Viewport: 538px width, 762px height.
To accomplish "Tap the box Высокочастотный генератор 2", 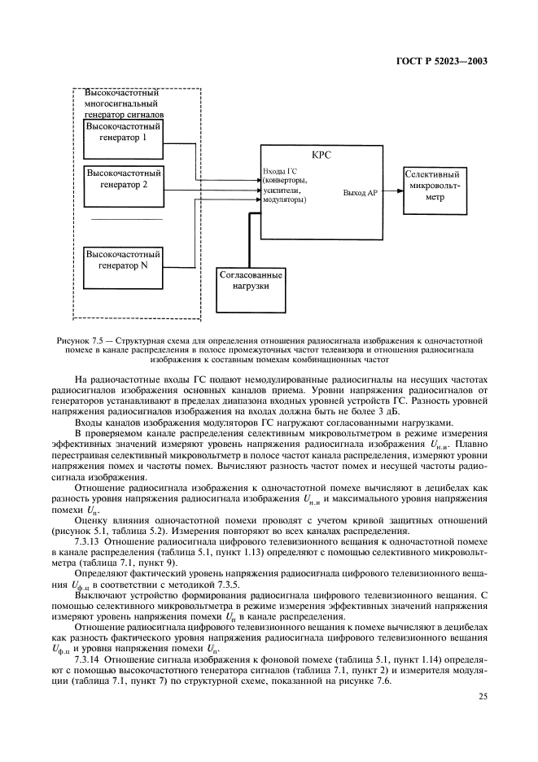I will tap(125, 180).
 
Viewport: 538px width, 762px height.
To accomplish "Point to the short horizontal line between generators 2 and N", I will tap(126, 220).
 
